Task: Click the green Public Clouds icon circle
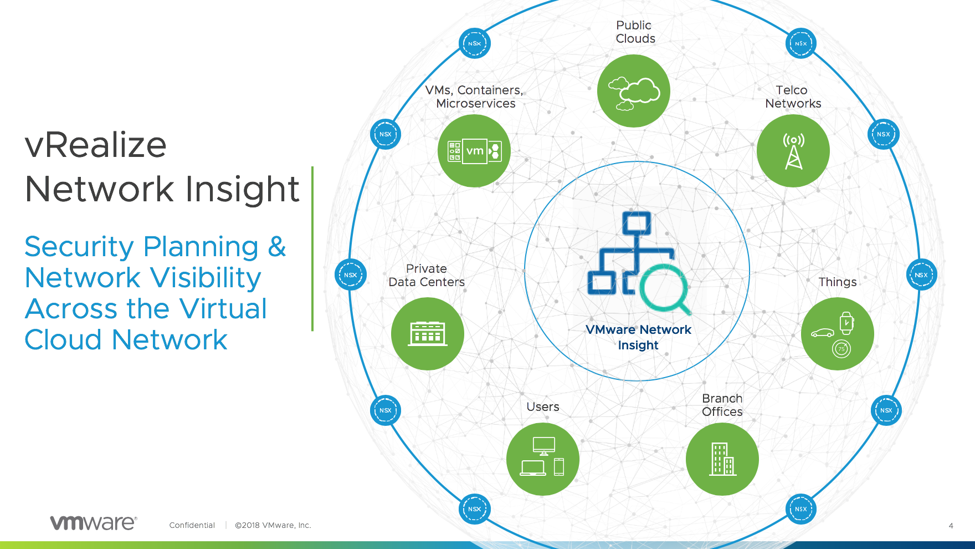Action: point(634,91)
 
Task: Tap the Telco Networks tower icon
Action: point(793,151)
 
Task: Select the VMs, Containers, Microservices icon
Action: point(474,151)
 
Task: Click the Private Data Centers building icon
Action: point(428,333)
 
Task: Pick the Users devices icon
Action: point(543,456)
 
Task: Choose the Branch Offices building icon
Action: point(723,459)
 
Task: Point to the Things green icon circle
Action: point(838,334)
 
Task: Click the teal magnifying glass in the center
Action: point(665,289)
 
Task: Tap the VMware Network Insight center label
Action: point(638,337)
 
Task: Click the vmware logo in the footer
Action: point(94,522)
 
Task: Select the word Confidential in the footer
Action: point(192,525)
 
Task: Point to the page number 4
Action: point(951,526)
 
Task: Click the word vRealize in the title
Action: point(96,145)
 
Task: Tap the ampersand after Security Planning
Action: point(277,247)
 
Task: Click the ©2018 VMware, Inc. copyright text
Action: point(273,525)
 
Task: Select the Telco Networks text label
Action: point(793,96)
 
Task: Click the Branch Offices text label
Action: point(722,405)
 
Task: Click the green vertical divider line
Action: point(312,249)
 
